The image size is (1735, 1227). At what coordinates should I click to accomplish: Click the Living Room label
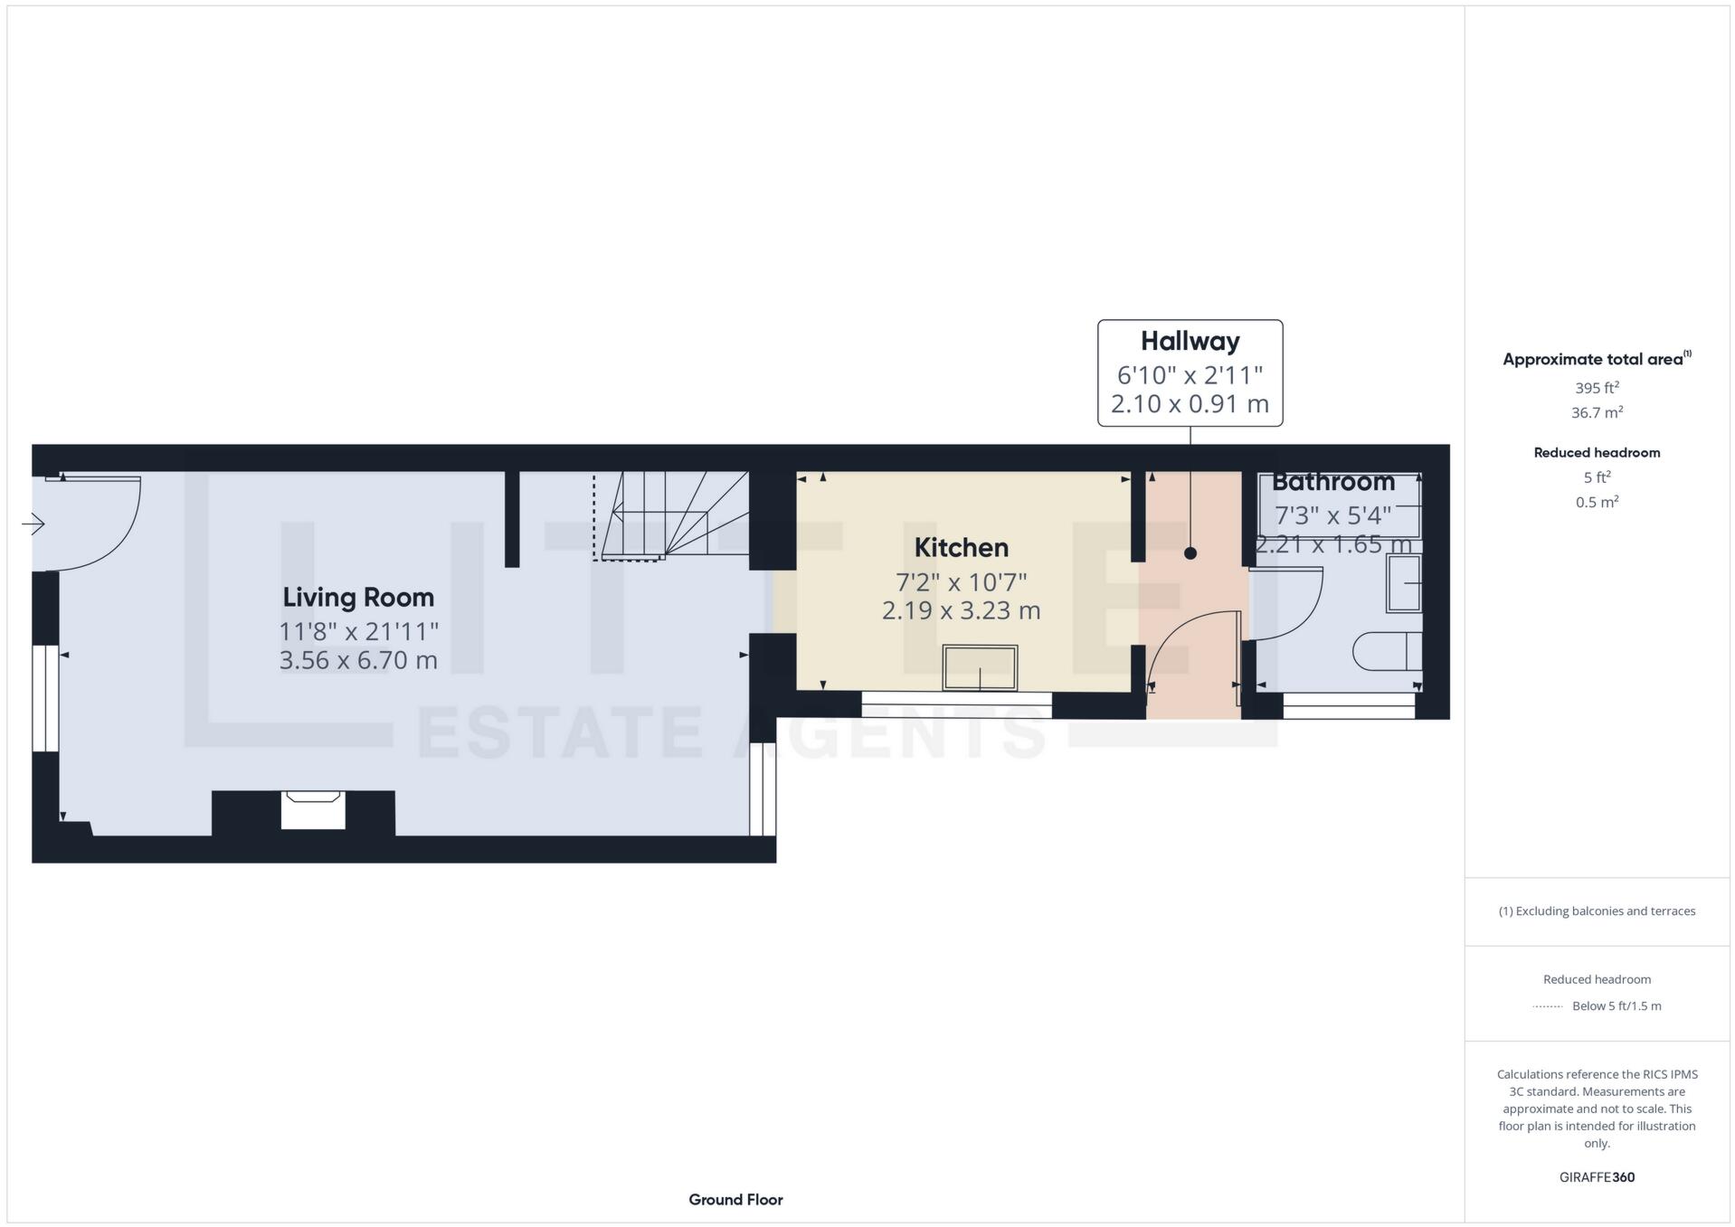pos(358,597)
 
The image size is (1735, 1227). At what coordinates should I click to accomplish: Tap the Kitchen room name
pos(961,547)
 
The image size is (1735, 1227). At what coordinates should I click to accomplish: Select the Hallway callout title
pos(1190,341)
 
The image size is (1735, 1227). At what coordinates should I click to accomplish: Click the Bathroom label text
pos(1332,482)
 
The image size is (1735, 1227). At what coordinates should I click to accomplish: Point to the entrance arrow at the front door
pos(33,524)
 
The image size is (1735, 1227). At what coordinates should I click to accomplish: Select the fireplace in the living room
pos(312,810)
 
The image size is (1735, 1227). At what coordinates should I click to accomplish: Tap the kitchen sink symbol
pos(980,668)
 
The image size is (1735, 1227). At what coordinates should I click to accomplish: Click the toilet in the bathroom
pos(1387,651)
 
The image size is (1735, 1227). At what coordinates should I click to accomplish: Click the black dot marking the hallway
pos(1190,553)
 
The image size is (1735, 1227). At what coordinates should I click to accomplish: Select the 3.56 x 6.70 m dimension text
pos(358,660)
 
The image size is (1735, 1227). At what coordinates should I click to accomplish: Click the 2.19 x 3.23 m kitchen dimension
pos(961,610)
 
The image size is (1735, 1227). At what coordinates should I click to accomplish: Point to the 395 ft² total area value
pos(1597,388)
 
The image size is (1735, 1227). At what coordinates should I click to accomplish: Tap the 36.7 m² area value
pos(1597,412)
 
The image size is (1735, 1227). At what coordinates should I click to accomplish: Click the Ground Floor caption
pos(735,1200)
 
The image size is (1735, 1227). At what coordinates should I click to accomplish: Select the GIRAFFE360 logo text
pos(1597,1177)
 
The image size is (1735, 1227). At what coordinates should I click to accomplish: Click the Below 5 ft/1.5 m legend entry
pos(1616,1005)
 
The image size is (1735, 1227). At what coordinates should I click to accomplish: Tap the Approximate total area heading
pos(1594,359)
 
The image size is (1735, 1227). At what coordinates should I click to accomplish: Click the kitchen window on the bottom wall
pos(956,704)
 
